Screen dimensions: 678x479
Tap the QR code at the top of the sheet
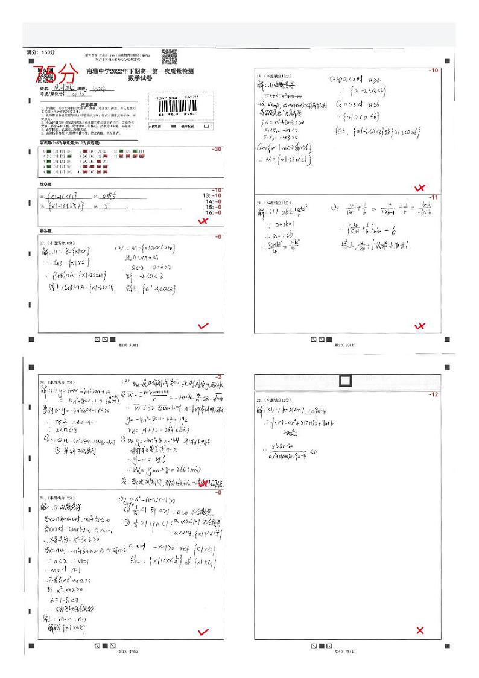click(170, 56)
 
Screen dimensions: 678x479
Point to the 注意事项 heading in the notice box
click(90, 104)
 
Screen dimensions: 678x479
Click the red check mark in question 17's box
click(203, 326)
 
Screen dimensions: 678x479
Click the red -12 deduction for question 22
click(433, 394)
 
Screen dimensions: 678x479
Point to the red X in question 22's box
click(420, 631)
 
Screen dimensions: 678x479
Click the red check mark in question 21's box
click(203, 632)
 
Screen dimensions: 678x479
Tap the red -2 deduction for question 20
click(219, 377)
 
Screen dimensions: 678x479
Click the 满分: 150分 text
click(41, 53)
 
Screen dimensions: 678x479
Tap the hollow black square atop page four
click(346, 381)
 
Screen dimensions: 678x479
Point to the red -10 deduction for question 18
click(433, 71)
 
